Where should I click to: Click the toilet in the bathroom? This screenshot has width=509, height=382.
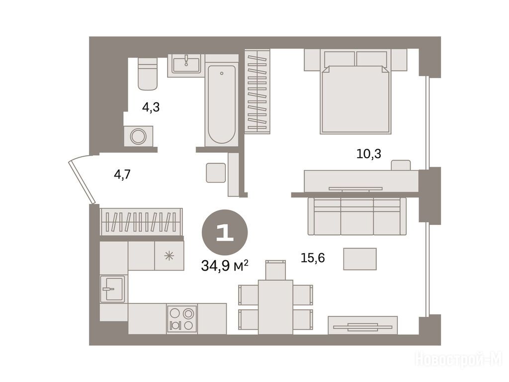pos(148,74)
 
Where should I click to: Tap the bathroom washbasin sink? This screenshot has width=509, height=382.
pos(186,65)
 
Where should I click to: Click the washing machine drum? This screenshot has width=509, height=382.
pos(138,136)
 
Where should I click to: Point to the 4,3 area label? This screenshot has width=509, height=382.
pos(151,107)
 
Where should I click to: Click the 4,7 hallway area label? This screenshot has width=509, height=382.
pos(122,175)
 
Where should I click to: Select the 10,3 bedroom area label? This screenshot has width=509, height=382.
pos(369,154)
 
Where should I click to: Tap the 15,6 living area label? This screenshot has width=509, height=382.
pos(313,258)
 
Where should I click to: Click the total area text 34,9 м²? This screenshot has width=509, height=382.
pos(225,266)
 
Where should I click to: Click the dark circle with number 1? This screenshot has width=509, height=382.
pos(225,232)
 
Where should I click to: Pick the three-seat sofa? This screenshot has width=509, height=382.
pos(357,216)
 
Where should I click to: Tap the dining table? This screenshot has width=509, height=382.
pos(275,307)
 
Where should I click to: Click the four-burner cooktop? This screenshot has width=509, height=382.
pos(182,319)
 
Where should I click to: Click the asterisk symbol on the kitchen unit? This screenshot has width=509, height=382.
pos(169,256)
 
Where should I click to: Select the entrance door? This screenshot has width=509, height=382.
pos(82,181)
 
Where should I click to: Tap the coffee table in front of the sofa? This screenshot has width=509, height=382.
pos(360,259)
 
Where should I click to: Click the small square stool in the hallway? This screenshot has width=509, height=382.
pos(216,173)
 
